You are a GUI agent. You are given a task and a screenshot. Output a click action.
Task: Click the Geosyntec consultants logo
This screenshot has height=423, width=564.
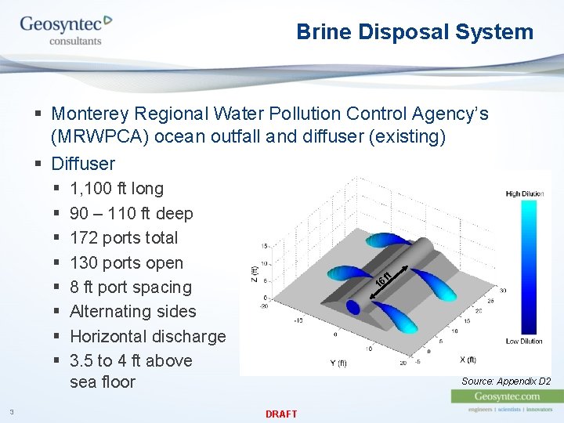point(66,30)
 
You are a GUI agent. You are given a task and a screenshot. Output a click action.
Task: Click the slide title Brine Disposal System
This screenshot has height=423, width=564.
point(414,32)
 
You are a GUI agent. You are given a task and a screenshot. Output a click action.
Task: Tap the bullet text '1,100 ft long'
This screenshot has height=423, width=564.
point(117,189)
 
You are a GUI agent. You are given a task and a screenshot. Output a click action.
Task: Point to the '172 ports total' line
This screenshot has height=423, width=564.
point(124,238)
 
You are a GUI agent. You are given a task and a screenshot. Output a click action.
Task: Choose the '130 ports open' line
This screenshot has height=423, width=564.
point(126,263)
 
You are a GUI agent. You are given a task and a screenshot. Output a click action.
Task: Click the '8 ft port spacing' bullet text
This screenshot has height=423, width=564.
point(130,287)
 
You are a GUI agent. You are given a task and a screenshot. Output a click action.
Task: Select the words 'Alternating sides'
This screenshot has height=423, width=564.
point(132,312)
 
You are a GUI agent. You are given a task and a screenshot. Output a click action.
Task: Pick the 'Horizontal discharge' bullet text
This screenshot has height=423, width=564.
point(147,337)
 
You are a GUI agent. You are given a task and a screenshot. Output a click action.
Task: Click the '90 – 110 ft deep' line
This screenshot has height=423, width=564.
point(131,214)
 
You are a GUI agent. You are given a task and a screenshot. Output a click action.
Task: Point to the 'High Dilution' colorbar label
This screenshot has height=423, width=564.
point(524,193)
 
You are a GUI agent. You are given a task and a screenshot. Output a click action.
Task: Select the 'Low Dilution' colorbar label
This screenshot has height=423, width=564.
point(524,341)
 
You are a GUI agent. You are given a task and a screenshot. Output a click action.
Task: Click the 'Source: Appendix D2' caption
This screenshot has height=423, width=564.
point(505,381)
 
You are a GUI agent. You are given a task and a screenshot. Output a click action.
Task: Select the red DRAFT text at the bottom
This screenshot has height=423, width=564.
point(281,414)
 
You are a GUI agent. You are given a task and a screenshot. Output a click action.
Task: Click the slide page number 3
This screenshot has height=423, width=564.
point(12,412)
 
